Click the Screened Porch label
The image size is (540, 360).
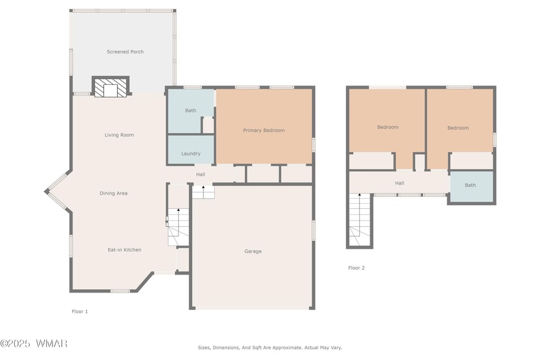[x=125, y=51]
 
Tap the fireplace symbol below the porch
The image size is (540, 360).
[x=111, y=87]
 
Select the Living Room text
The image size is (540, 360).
[x=119, y=135]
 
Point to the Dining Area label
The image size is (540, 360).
[x=114, y=194]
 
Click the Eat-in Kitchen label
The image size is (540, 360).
[x=124, y=250]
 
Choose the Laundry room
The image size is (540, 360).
[x=191, y=150]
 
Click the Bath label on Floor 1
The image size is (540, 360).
[x=190, y=111]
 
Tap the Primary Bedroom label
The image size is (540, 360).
[x=264, y=130]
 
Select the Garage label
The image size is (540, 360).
[x=253, y=251]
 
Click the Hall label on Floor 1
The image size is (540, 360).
[x=201, y=175]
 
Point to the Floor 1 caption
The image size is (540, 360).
[x=80, y=311]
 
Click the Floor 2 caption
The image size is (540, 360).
[x=356, y=267]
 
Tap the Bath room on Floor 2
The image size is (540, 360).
[x=471, y=186]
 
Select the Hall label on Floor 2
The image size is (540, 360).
[x=399, y=183]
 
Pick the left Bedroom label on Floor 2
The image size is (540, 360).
[x=388, y=127]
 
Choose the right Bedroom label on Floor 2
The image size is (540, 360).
[x=458, y=128]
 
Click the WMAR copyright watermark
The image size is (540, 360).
[x=33, y=343]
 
